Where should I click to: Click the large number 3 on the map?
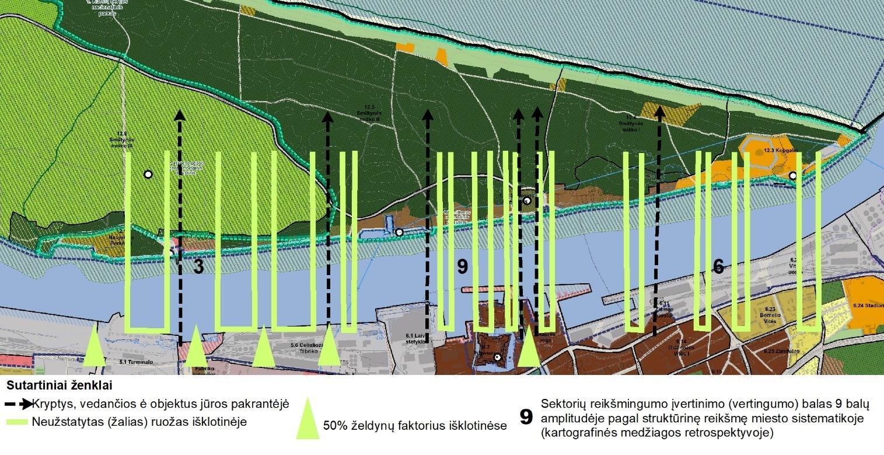[198, 267]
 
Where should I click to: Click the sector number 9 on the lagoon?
[462, 267]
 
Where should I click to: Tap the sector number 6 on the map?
[718, 267]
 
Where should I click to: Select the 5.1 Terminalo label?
[136, 362]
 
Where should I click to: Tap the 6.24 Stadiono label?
[868, 305]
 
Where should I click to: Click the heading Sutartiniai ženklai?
[60, 386]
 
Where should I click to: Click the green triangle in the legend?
[307, 418]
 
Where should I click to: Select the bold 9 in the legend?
[526, 416]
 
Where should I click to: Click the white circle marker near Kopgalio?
[792, 175]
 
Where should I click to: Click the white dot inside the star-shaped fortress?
[497, 357]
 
